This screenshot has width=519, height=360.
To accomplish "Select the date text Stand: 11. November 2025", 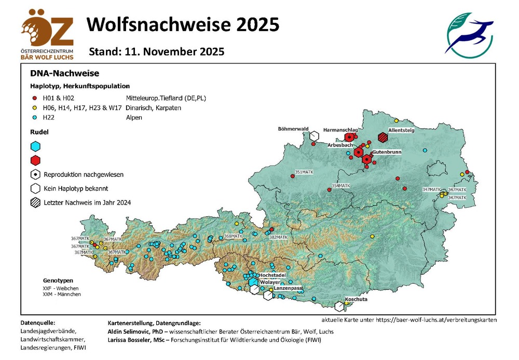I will [156, 52].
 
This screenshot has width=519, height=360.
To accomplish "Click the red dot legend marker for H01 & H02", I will [34, 98].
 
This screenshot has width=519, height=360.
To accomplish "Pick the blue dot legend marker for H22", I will [34, 117].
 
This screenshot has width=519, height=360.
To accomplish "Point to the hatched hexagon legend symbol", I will [35, 203].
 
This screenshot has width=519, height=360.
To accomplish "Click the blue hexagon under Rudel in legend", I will [35, 146].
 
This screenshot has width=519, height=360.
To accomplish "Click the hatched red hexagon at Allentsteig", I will [383, 137].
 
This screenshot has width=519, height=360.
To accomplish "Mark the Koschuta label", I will [356, 299].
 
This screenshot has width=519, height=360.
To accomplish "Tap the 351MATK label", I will [305, 172].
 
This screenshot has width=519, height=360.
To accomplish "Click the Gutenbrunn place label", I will [387, 151].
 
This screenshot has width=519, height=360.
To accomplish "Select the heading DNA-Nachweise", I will [64, 73].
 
